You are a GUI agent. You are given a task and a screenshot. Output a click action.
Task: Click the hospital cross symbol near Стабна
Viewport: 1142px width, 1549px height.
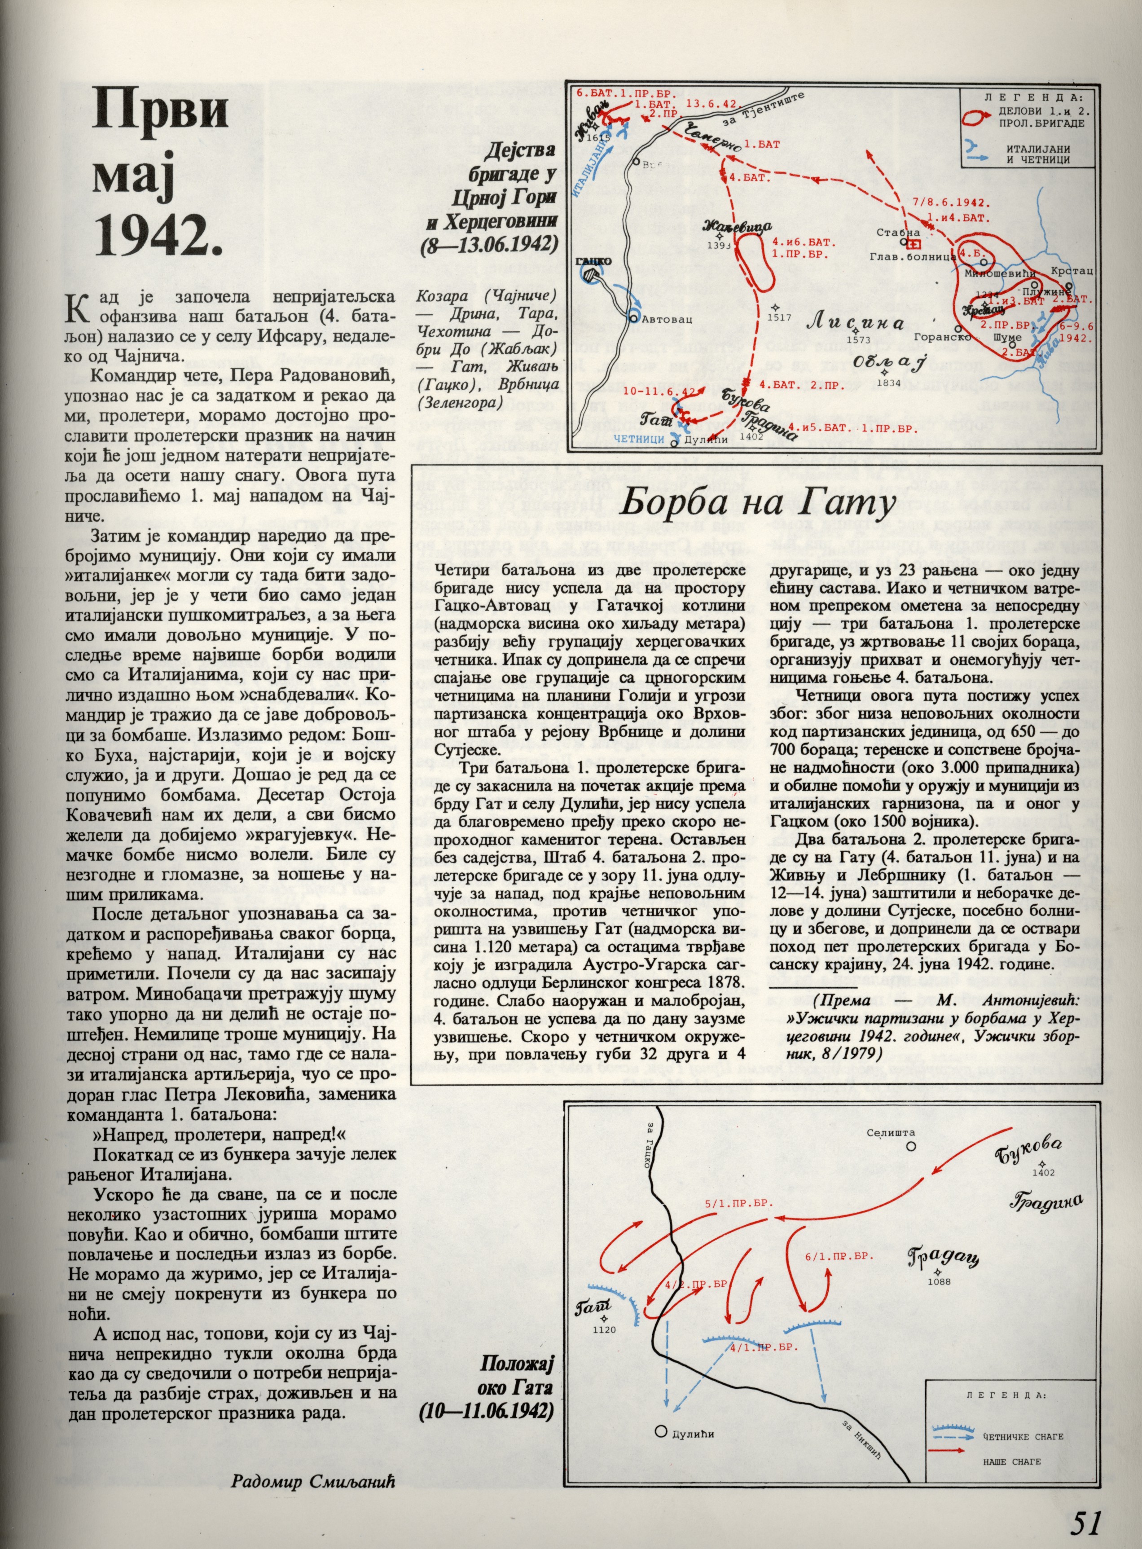coord(914,246)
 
